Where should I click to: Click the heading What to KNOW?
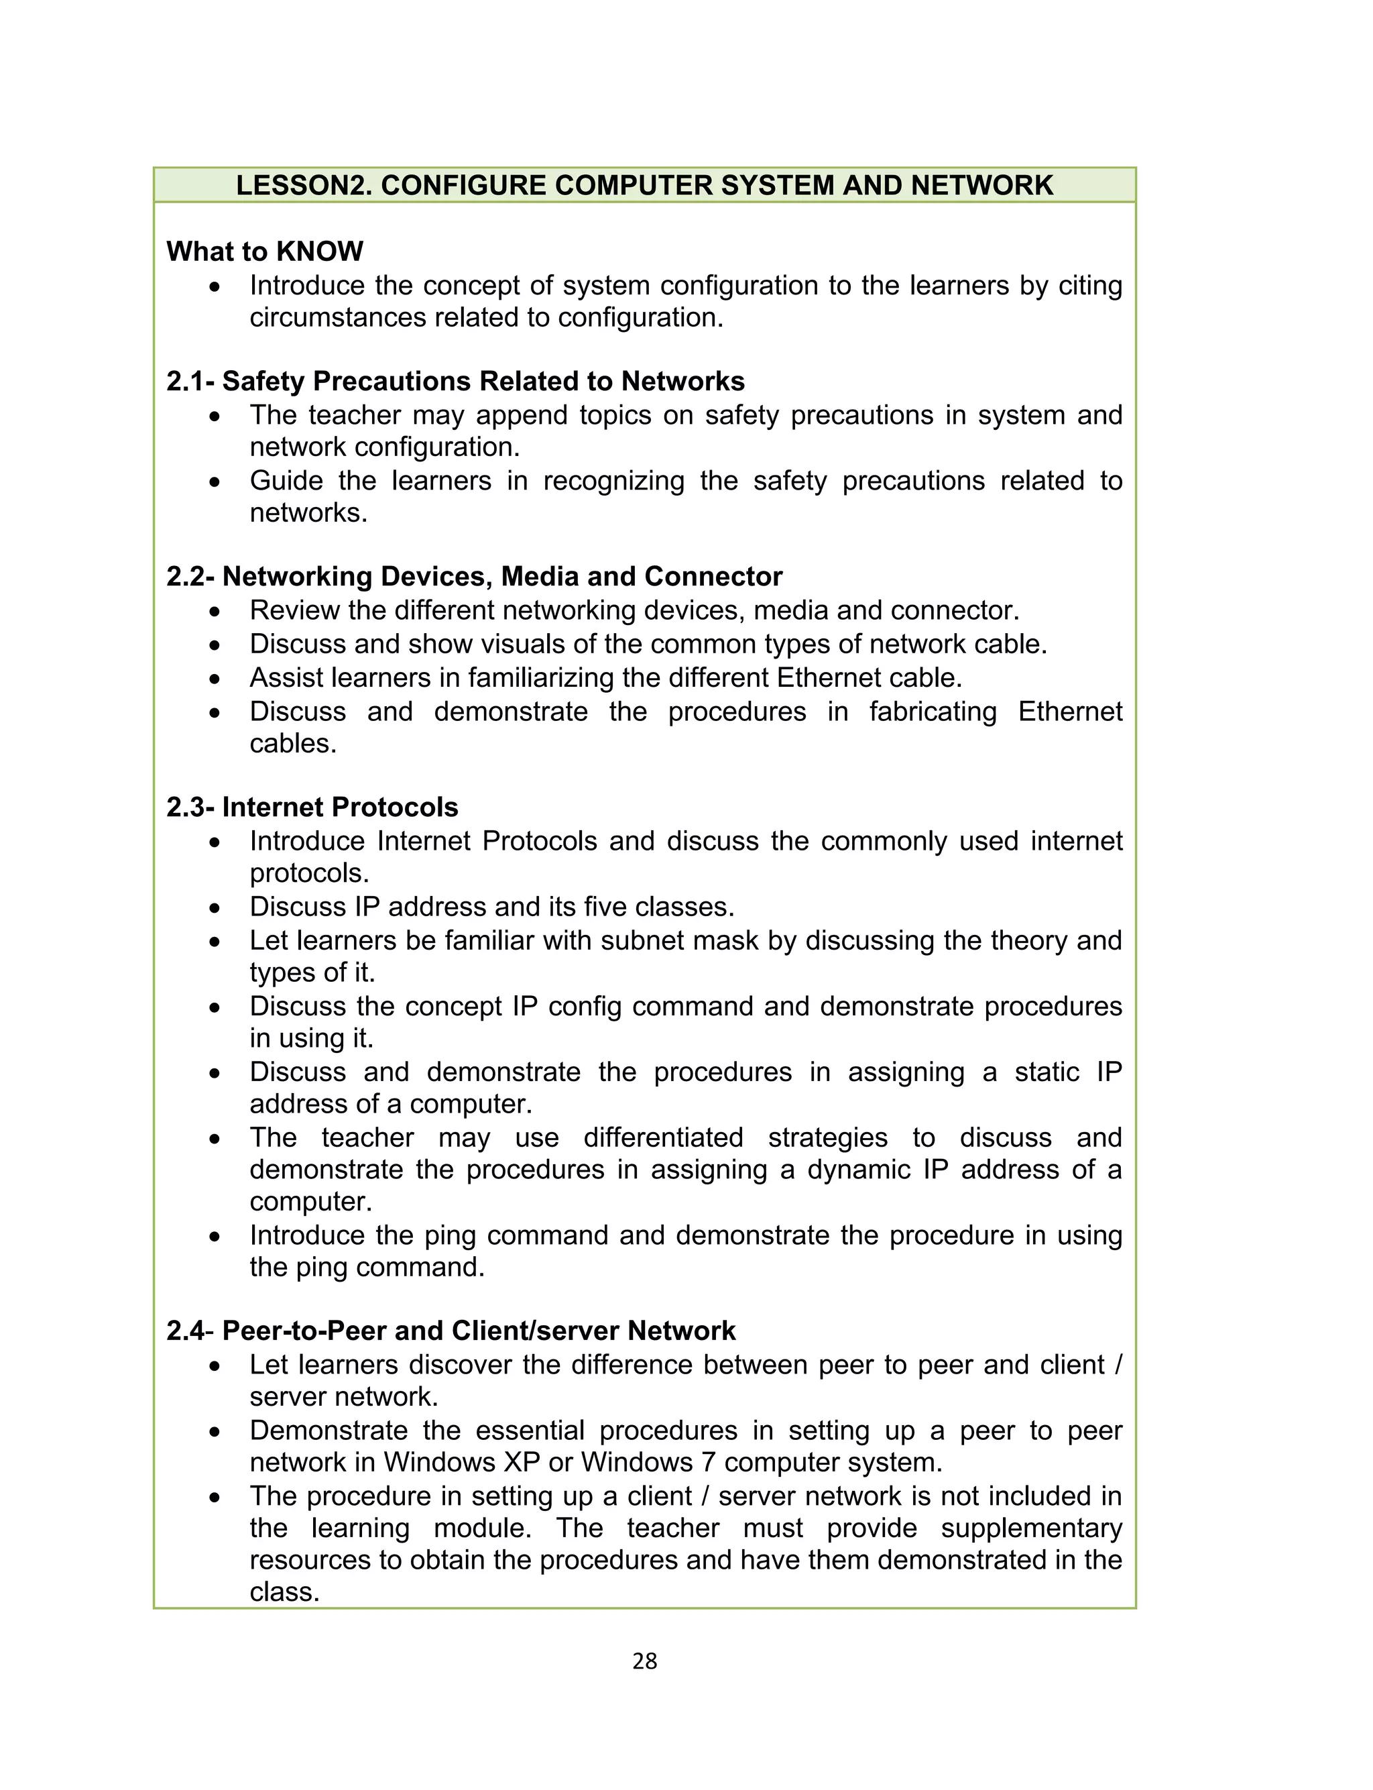[x=265, y=251]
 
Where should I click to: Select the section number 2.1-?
[x=190, y=382]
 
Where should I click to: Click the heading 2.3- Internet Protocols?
[x=312, y=807]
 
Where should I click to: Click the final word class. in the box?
[x=284, y=1592]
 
